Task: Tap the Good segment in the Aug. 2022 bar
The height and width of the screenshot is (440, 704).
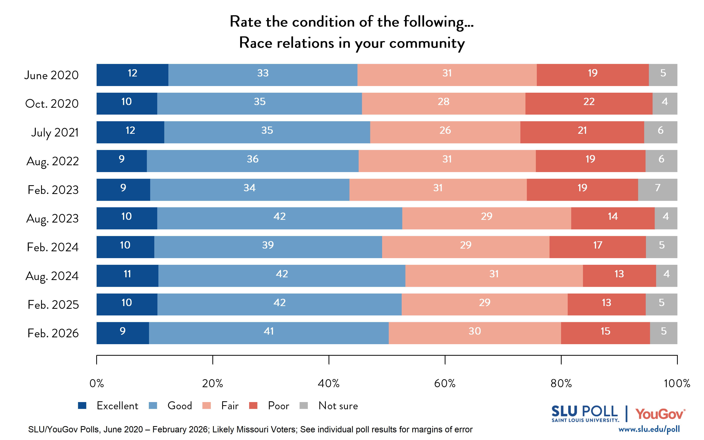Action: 252,161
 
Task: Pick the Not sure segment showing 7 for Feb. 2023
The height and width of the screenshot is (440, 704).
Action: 657,189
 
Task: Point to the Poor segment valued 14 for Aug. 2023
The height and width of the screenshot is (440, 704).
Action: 613,218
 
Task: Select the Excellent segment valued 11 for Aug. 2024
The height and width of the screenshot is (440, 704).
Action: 128,276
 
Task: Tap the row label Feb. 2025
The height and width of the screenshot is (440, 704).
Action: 53,305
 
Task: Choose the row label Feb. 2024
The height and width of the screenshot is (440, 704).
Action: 53,247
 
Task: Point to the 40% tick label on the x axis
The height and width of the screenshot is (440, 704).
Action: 329,383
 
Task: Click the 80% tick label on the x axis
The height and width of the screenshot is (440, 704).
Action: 561,383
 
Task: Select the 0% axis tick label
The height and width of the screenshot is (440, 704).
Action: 97,383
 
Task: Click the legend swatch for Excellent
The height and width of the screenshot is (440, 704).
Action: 82,405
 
